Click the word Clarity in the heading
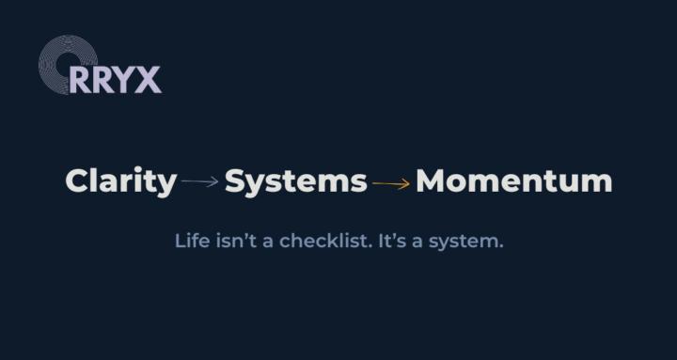pyautogui.click(x=120, y=180)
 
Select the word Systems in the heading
pyautogui.click(x=295, y=180)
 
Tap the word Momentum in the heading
pyautogui.click(x=513, y=180)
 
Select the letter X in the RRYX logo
pyautogui.click(x=149, y=80)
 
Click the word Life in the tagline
pyautogui.click(x=189, y=241)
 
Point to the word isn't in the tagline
pyautogui.click(x=233, y=241)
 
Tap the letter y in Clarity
pyautogui.click(x=166, y=184)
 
